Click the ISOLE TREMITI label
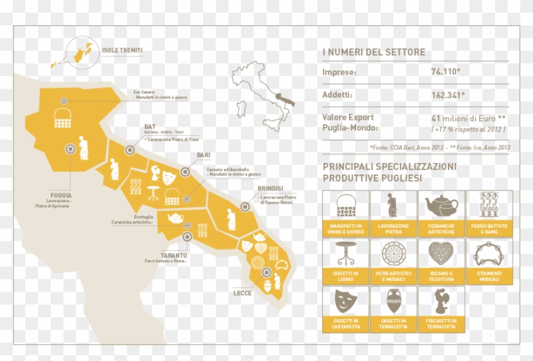click(x=122, y=50)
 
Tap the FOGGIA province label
click(x=60, y=195)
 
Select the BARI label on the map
click(x=204, y=155)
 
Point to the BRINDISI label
click(x=270, y=188)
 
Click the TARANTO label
click(x=157, y=254)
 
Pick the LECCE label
click(x=242, y=293)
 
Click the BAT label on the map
click(x=150, y=127)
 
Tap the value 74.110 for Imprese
click(x=444, y=72)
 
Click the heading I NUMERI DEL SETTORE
click(x=374, y=52)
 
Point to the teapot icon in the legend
click(x=441, y=205)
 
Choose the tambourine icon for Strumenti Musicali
click(x=489, y=254)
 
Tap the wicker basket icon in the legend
click(x=346, y=205)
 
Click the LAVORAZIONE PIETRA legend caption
click(x=393, y=228)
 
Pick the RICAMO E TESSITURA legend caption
click(x=441, y=277)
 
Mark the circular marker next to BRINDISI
click(x=245, y=206)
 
